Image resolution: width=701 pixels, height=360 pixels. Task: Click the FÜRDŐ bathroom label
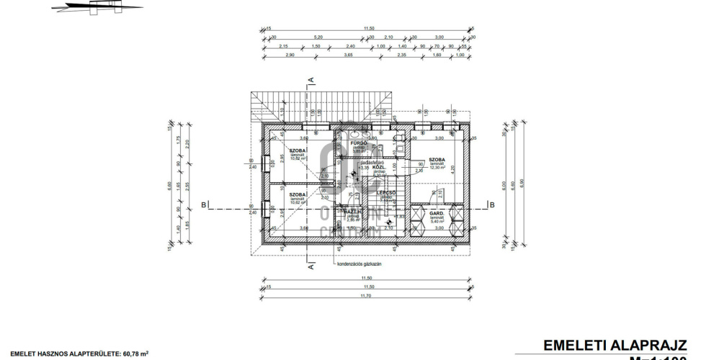360,143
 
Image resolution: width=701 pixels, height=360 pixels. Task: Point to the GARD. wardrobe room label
437,215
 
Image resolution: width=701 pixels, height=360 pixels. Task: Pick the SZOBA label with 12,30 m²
437,159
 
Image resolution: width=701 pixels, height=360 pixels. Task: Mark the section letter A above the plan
311,78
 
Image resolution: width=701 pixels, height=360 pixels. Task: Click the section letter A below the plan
311,266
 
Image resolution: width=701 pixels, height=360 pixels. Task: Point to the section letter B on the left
205,205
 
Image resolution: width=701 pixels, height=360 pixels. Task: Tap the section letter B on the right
492,205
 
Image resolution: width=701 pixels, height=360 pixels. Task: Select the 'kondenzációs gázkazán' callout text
360,264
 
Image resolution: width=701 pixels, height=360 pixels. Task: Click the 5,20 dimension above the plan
318,37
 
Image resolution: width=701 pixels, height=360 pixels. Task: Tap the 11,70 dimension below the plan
367,296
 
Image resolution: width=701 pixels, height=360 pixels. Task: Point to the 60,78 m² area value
135,354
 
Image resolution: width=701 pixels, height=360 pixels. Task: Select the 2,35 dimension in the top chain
402,55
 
